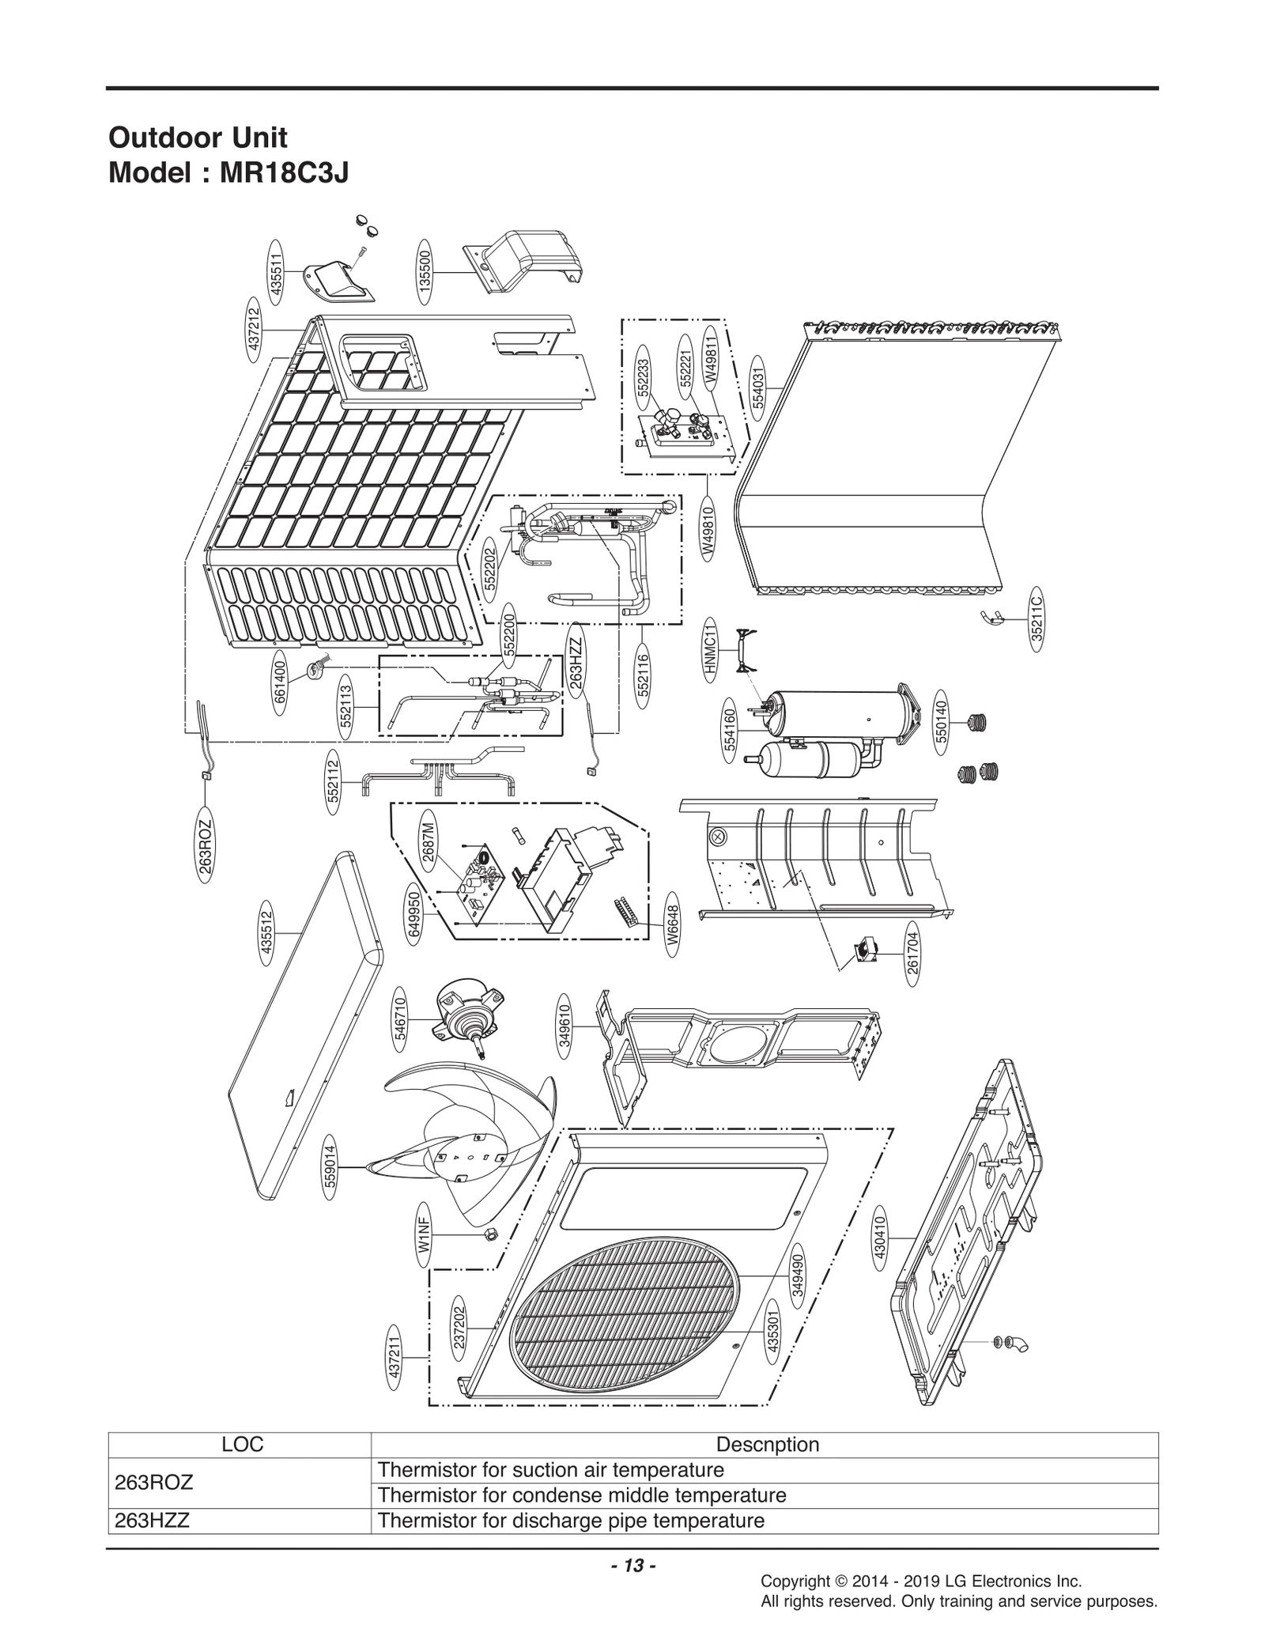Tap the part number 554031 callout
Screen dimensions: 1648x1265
pyautogui.click(x=758, y=385)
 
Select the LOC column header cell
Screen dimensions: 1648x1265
pyautogui.click(x=240, y=1445)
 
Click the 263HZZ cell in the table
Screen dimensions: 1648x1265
pyautogui.click(x=240, y=1521)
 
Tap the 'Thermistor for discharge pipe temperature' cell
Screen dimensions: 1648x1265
pyautogui.click(x=764, y=1521)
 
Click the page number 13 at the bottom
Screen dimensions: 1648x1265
pyautogui.click(x=632, y=1565)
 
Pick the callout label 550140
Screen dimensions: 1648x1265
pyautogui.click(x=941, y=720)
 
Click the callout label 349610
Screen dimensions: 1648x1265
pyautogui.click(x=565, y=1026)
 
